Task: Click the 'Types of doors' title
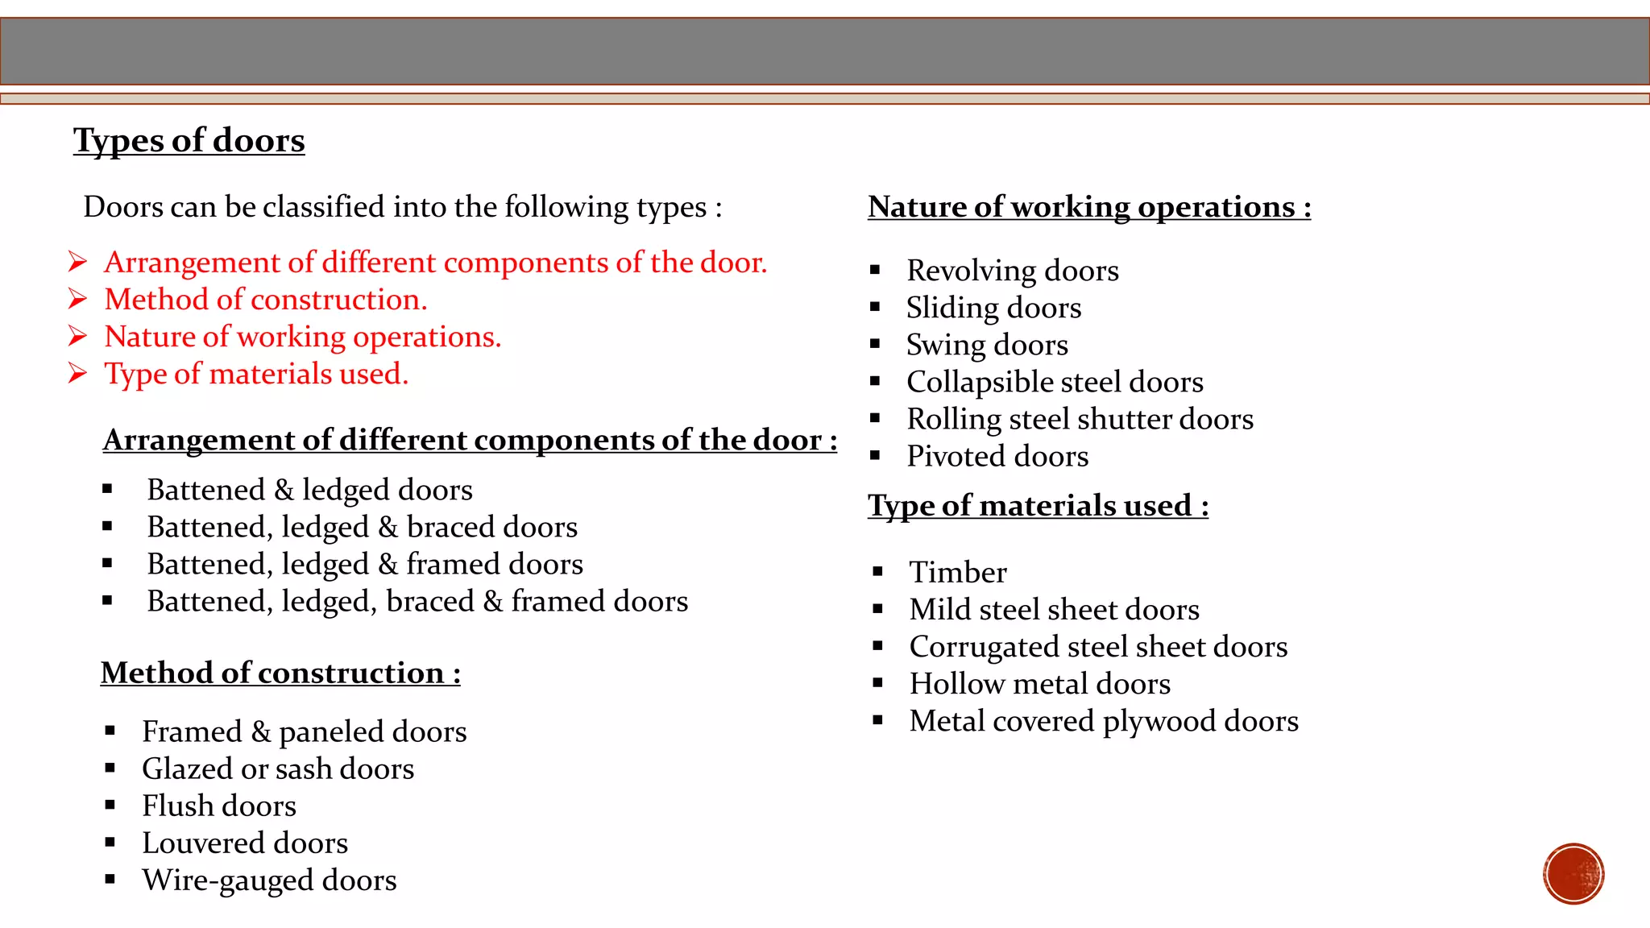tap(189, 140)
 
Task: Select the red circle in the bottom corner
tap(1573, 874)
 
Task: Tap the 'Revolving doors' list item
tap(1013, 271)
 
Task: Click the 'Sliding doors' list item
tap(993, 308)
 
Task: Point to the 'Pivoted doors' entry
tap(997, 457)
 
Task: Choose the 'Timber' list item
tap(958, 572)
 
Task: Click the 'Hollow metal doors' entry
tap(1039, 684)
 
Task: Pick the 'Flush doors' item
tap(219, 806)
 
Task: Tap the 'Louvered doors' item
tap(245, 843)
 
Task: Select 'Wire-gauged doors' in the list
tap(269, 880)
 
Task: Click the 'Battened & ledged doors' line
tap(309, 490)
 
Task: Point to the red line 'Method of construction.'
tap(266, 300)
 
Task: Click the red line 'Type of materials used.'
tap(256, 374)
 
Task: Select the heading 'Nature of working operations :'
tap(1089, 207)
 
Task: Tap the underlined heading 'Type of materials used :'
tap(1038, 506)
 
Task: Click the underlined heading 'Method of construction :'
tap(280, 673)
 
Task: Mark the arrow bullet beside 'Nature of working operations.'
tap(77, 337)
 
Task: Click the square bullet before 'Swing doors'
tap(875, 344)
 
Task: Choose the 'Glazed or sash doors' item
tap(278, 768)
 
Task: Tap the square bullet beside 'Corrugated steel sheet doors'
tap(878, 646)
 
